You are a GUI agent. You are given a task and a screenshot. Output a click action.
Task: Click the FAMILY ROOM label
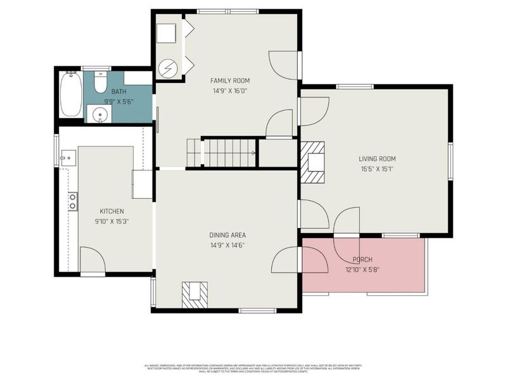[x=229, y=80]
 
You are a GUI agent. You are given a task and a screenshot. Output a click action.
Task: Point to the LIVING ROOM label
[x=377, y=159]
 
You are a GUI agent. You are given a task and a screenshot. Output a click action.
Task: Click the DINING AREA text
[x=228, y=236]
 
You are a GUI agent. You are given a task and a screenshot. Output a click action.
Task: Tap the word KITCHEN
[x=112, y=211]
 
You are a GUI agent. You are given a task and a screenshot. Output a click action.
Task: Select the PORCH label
[x=362, y=260]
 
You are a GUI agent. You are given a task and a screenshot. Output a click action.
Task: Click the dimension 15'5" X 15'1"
[x=377, y=169]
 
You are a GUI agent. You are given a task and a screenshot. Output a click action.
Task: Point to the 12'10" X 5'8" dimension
[x=362, y=269]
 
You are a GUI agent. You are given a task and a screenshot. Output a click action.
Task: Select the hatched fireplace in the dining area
[x=195, y=294]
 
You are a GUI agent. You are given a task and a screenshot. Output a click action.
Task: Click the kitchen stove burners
[x=73, y=201]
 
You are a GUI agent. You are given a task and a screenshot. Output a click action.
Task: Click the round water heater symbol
[x=168, y=68]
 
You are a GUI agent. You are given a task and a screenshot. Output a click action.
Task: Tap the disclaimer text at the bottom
[x=253, y=368]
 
